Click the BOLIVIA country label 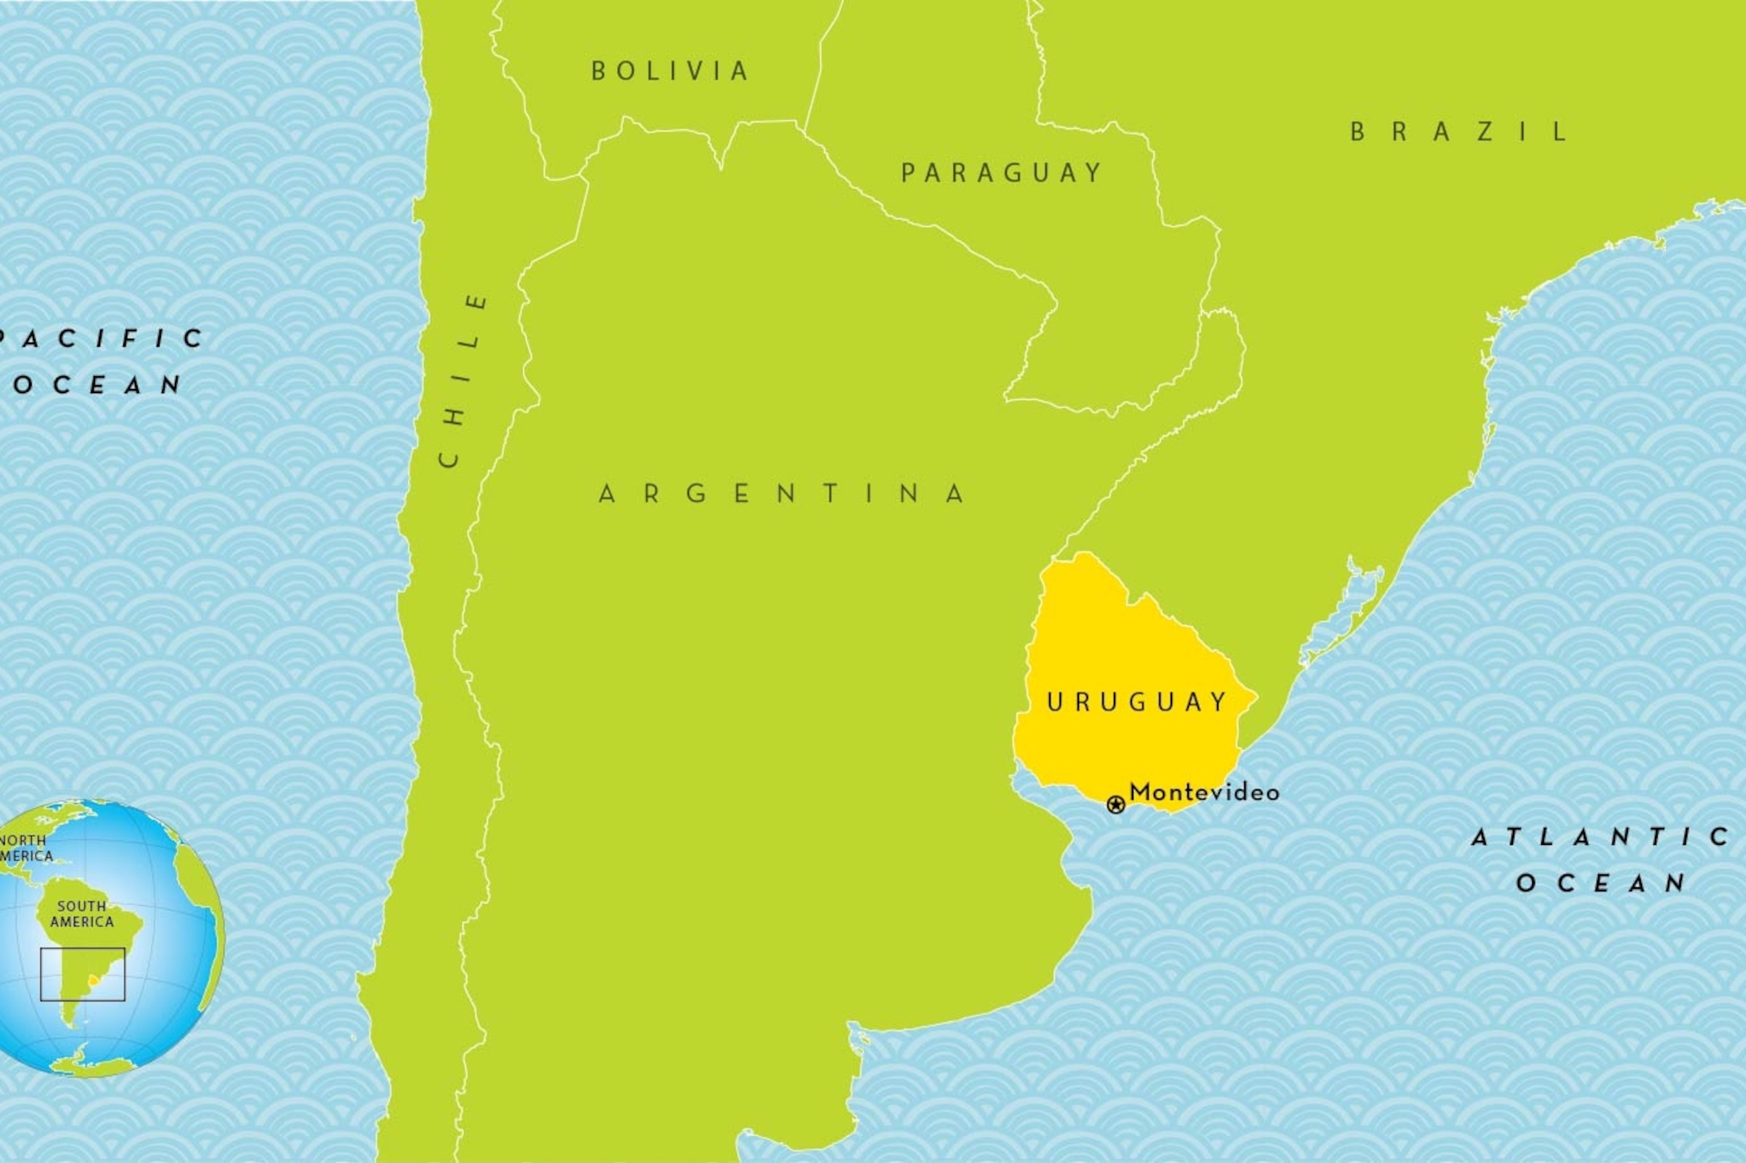click(670, 71)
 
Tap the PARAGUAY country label click(1002, 173)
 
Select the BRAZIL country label click(1459, 132)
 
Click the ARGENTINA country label click(782, 494)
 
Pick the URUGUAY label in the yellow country click(1136, 702)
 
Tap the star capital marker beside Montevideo click(1115, 804)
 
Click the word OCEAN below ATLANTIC click(1600, 883)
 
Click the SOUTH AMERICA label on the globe click(82, 914)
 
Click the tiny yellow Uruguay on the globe click(94, 981)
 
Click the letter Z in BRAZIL click(1485, 132)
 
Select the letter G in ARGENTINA click(696, 494)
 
